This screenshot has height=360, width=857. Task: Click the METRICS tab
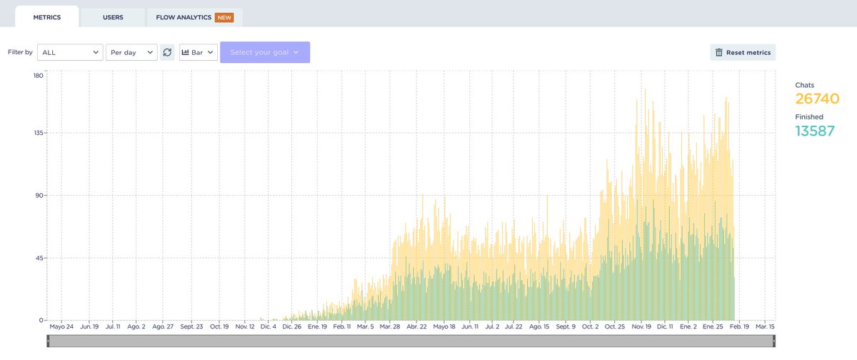tap(46, 16)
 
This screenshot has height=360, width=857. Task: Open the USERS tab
tap(113, 16)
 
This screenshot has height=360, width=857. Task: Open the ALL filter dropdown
tap(69, 52)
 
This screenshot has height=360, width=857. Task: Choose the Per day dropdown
tap(131, 52)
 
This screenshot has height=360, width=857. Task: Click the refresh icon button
tap(167, 52)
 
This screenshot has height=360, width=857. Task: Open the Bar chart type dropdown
tap(199, 52)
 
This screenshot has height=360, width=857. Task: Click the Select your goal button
tap(265, 52)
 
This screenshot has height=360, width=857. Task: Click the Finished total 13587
tap(815, 130)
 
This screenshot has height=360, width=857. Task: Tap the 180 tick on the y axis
tap(39, 76)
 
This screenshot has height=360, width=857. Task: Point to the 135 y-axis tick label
tap(39, 133)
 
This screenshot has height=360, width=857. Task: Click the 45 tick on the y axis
tap(41, 258)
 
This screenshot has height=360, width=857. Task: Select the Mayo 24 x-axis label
tap(62, 326)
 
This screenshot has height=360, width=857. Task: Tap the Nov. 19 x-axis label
tap(638, 326)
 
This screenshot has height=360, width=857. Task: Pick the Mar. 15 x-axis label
tap(765, 326)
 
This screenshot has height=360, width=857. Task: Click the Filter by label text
tap(20, 52)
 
